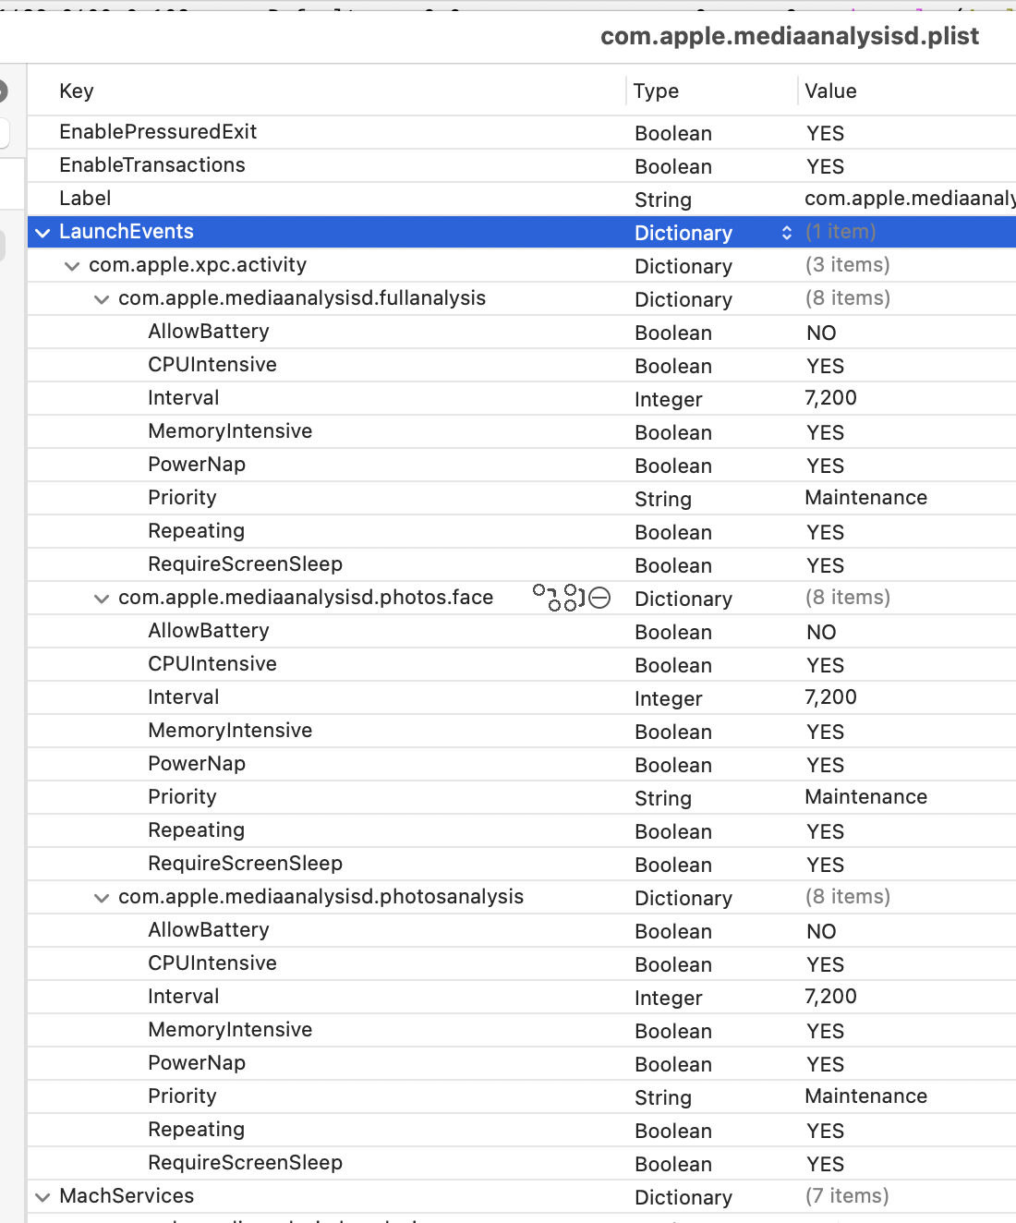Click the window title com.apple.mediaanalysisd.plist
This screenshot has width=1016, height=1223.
pos(789,36)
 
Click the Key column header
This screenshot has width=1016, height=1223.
pos(77,91)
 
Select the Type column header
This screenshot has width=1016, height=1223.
pos(656,91)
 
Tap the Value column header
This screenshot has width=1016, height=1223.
pos(830,91)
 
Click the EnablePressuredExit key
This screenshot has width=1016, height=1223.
pos(158,132)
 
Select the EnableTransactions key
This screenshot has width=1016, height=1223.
pos(152,165)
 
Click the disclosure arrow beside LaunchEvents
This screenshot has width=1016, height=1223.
pos(42,233)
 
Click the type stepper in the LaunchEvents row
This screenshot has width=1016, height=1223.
pos(786,233)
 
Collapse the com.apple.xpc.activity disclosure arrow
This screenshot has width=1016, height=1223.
pos(72,266)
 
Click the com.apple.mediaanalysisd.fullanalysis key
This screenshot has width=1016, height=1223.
pos(302,298)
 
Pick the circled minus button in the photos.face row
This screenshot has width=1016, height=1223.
pos(600,598)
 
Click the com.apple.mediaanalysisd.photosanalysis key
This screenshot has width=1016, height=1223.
pos(321,897)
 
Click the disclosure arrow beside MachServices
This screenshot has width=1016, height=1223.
pos(42,1197)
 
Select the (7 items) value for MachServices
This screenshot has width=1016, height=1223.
pos(847,1196)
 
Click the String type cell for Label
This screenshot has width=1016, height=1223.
pos(663,200)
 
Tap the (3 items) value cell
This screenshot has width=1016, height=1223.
pos(847,265)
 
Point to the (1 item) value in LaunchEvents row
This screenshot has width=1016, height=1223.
pos(841,232)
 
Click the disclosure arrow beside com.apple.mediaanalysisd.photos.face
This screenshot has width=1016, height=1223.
pos(102,599)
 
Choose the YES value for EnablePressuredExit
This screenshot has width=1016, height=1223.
pos(825,133)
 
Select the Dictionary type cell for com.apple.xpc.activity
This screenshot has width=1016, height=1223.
pos(683,266)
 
